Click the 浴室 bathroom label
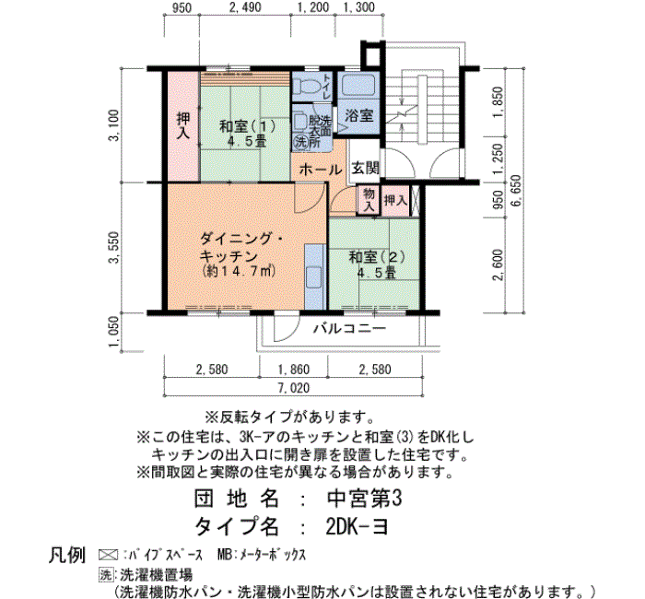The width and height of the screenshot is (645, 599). [359, 115]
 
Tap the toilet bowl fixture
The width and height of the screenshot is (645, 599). [306, 86]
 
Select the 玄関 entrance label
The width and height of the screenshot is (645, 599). [365, 168]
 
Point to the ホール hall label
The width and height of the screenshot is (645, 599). [321, 170]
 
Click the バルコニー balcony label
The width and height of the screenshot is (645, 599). [349, 328]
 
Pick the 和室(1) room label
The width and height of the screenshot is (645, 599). [247, 126]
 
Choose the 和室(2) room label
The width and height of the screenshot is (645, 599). [377, 257]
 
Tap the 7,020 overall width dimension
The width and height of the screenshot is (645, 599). [294, 388]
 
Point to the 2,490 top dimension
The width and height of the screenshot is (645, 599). [245, 7]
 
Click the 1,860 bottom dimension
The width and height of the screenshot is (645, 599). [294, 370]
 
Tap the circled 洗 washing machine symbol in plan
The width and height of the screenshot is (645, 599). [300, 142]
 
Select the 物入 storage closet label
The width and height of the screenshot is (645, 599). [369, 200]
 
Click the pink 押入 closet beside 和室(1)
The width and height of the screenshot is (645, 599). [183, 126]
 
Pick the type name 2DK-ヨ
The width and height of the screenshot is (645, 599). [357, 526]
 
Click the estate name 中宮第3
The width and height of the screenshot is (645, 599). [365, 499]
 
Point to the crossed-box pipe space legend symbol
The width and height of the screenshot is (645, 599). [109, 555]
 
